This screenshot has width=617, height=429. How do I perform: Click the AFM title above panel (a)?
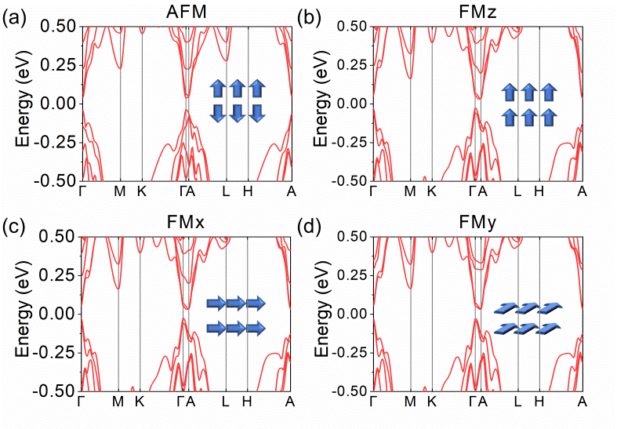(187, 13)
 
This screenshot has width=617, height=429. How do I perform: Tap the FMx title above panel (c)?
(186, 223)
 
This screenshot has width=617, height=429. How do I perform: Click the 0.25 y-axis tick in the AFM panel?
(60, 65)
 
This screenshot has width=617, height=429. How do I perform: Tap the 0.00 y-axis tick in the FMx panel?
(60, 314)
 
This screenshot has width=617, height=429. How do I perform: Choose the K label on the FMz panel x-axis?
(431, 191)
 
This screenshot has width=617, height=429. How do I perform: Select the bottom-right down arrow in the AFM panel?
(256, 113)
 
